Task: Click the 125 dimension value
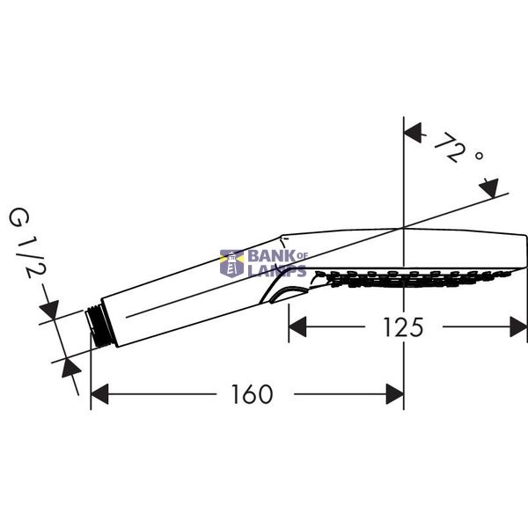pyautogui.click(x=403, y=327)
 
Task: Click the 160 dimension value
pyautogui.click(x=253, y=394)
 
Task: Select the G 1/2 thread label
pyautogui.click(x=26, y=244)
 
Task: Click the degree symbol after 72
pyautogui.click(x=479, y=156)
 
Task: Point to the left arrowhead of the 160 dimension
pyautogui.click(x=99, y=393)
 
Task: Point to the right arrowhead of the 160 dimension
pyautogui.click(x=394, y=393)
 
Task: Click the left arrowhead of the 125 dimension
pyautogui.click(x=297, y=326)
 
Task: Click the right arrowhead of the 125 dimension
pyautogui.click(x=518, y=326)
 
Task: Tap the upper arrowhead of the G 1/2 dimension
pyautogui.click(x=50, y=310)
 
